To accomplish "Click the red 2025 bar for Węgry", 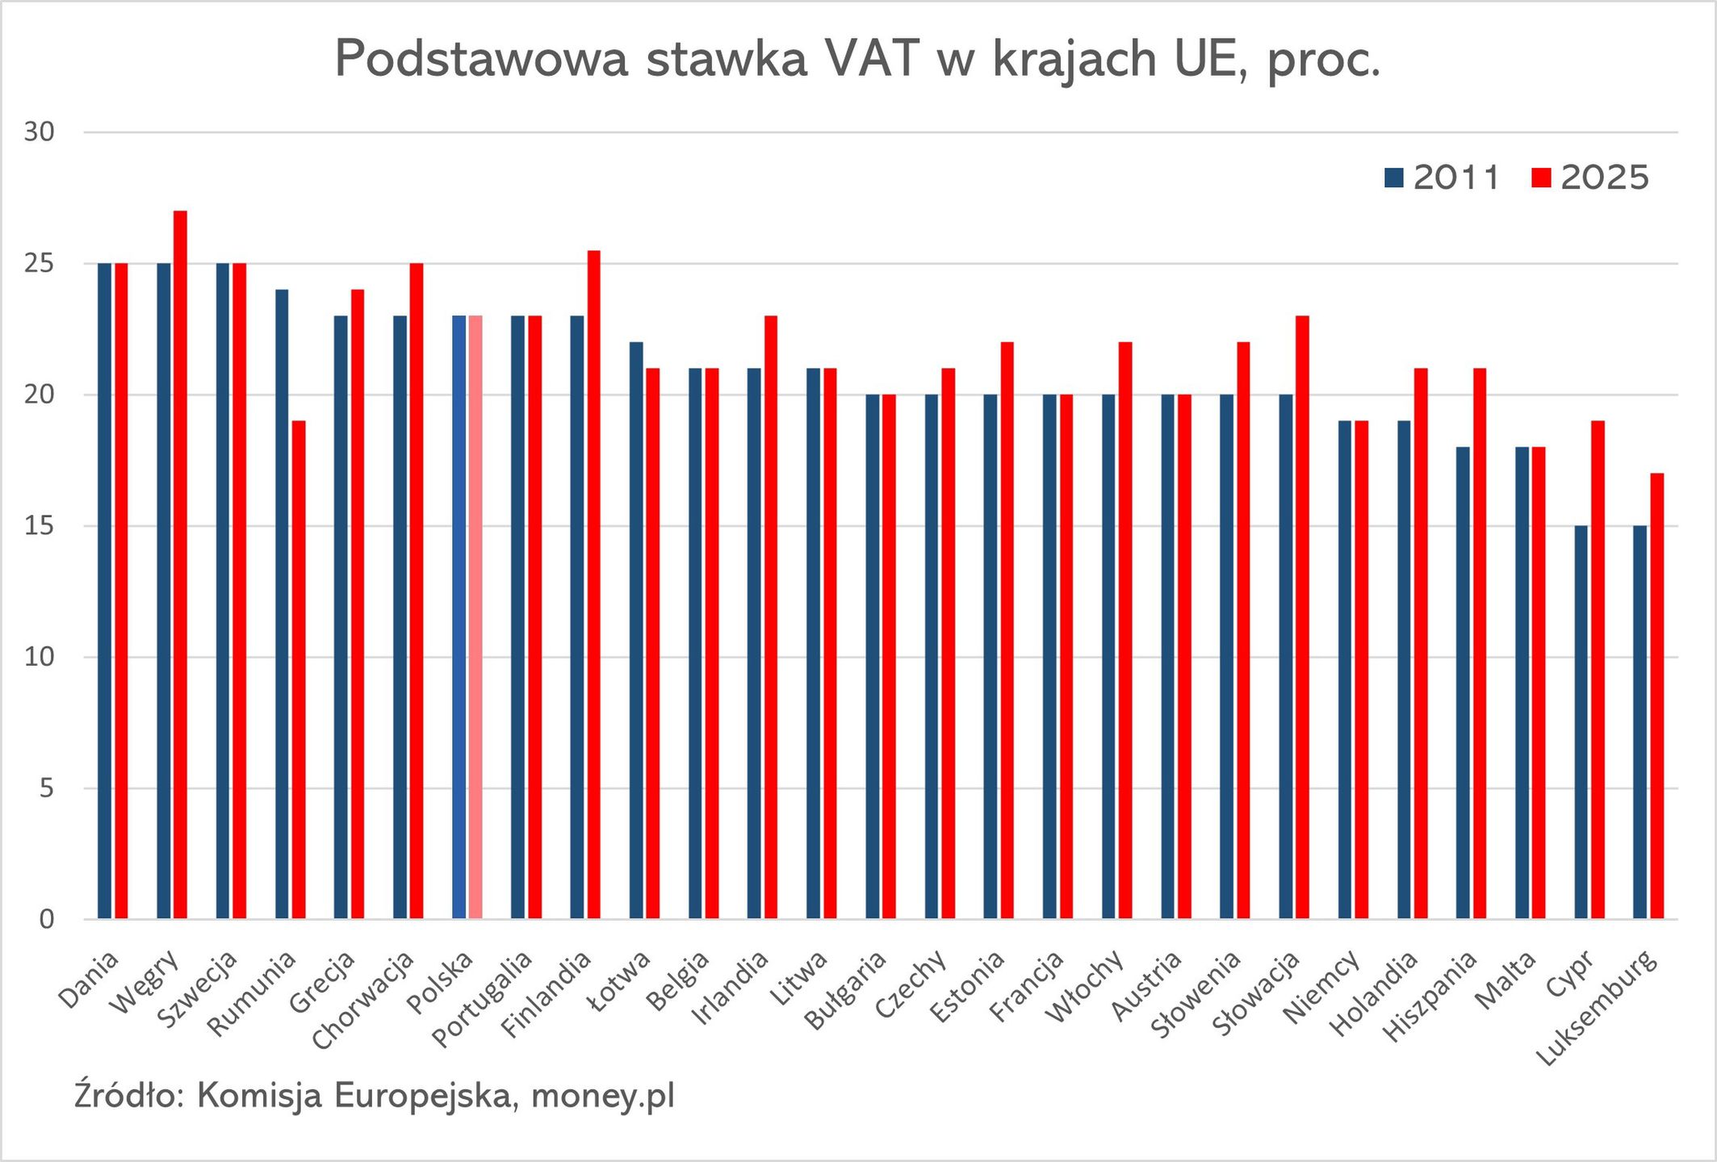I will point(180,565).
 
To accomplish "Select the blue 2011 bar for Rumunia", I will point(282,605).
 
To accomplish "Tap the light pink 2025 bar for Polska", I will point(475,617).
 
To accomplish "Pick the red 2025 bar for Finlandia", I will point(593,585).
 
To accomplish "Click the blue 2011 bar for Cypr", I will point(1581,722).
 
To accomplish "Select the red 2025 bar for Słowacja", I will point(1302,617).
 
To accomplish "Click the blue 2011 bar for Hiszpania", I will point(1463,683).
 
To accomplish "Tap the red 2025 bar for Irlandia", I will point(771,617).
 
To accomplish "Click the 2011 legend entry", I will point(1442,178).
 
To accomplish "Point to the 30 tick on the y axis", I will point(39,132).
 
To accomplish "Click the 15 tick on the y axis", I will point(39,526).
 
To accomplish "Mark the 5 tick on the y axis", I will point(46,788).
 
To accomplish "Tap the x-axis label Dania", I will point(89,980).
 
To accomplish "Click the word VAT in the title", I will point(872,59).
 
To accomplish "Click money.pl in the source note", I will point(603,1096).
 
